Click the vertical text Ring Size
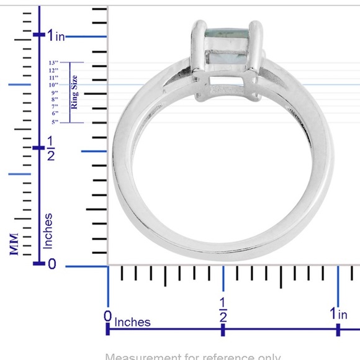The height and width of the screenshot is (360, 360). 74,92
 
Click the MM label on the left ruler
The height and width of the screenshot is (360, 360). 14,244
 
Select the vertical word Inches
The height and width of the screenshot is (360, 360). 48,232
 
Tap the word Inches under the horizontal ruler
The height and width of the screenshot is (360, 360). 132,322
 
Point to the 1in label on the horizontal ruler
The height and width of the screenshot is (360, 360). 338,314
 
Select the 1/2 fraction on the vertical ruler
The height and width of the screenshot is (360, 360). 51,149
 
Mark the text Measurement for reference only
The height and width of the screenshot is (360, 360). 193,356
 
